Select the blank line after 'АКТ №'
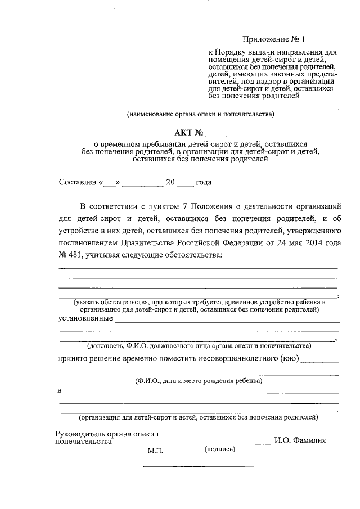pos(215,135)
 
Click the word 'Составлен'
pos(78,183)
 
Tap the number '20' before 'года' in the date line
pos(171,183)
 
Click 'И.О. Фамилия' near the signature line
pos(300,440)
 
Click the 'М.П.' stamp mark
pos(155,451)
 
